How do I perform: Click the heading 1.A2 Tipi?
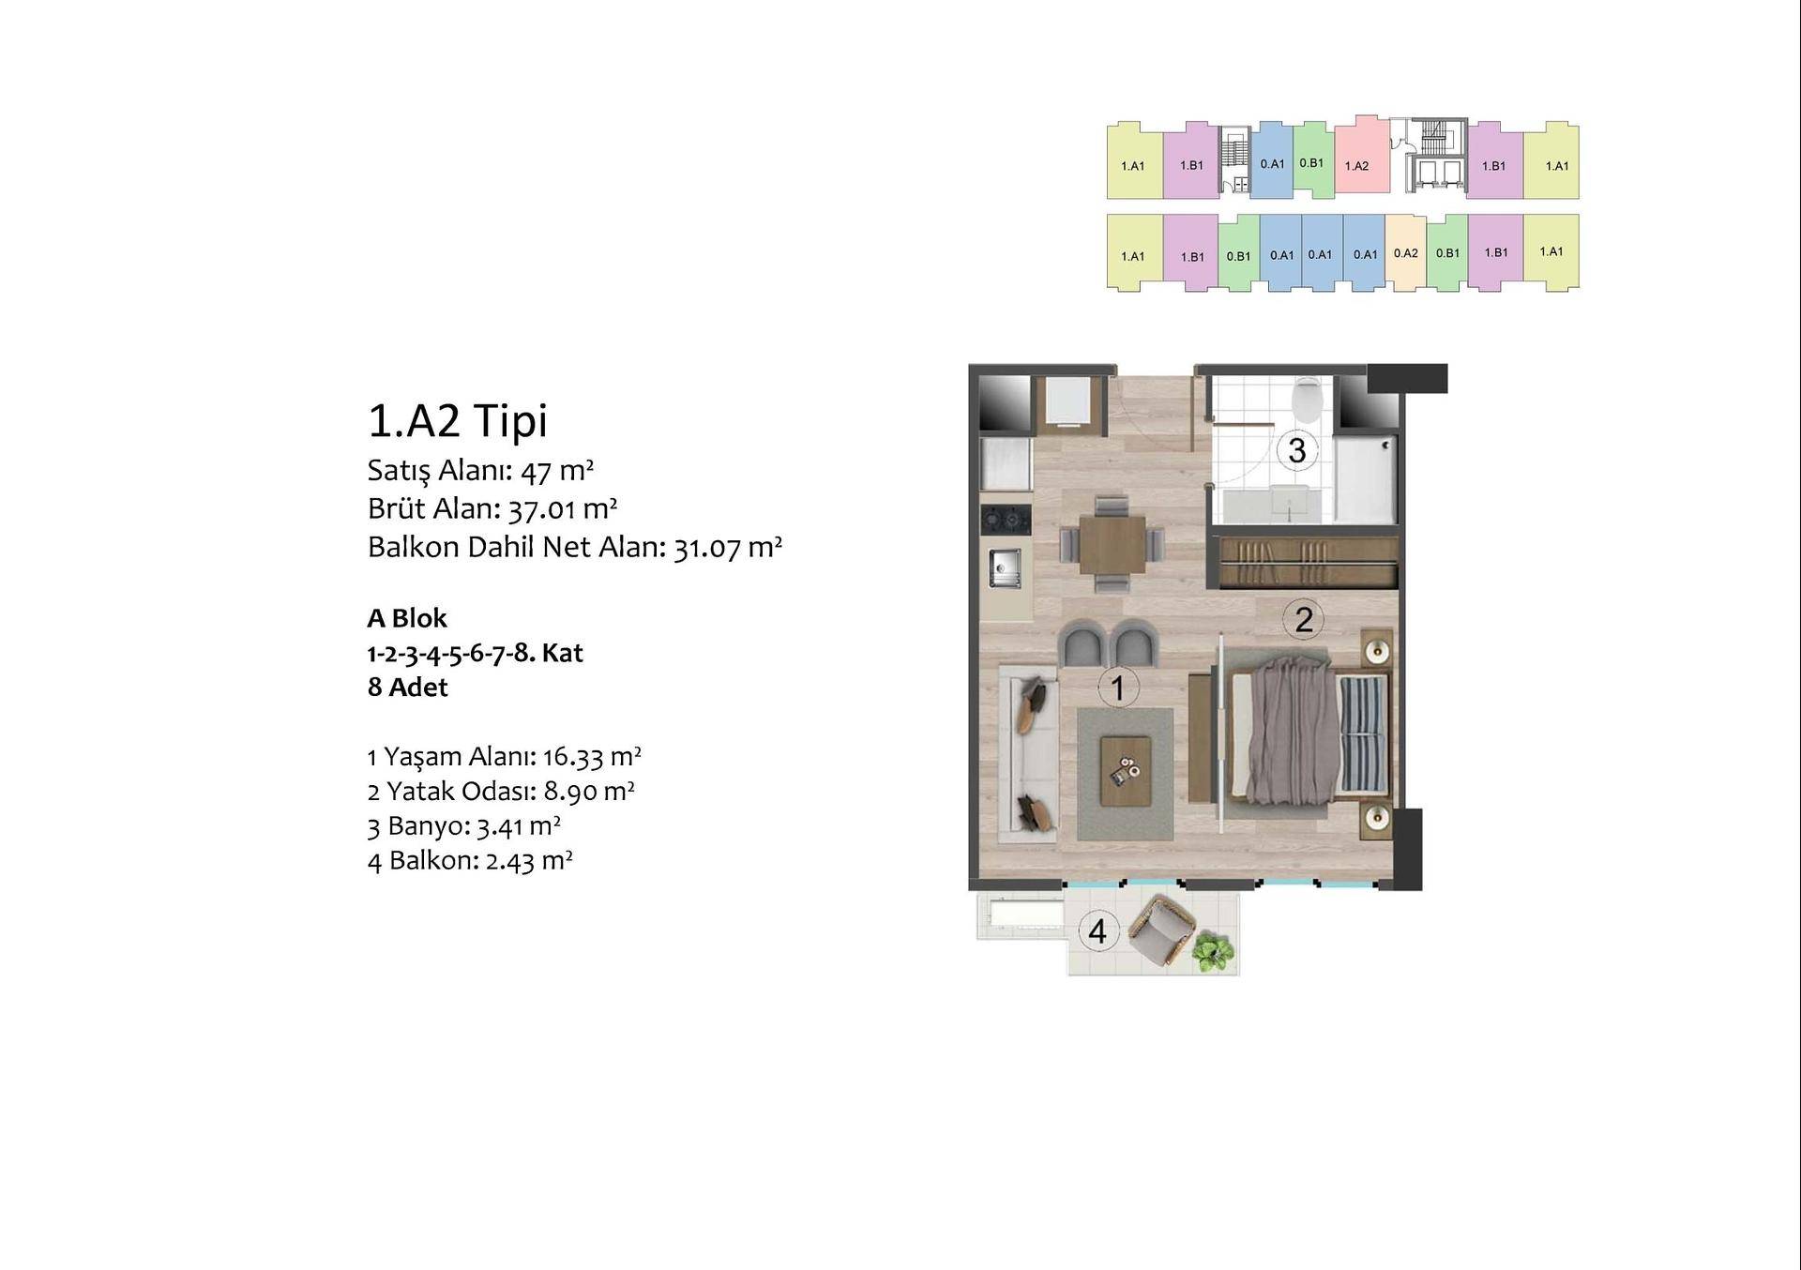[457, 421]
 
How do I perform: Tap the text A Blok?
[407, 618]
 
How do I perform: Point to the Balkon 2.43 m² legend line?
[470, 860]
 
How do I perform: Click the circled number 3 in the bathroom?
[1297, 450]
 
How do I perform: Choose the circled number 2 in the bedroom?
[1303, 619]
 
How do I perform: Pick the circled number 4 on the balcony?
[1097, 931]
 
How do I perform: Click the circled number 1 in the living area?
[1117, 688]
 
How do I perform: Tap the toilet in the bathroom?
[1307, 400]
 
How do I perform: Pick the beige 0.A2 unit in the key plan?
[1405, 252]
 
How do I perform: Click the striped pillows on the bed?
[1363, 733]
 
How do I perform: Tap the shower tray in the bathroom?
[1364, 479]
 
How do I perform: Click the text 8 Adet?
[407, 688]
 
